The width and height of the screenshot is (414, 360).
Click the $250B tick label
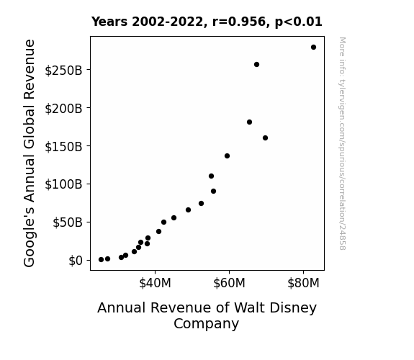[63, 71]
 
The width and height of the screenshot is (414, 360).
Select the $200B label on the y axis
[63, 108]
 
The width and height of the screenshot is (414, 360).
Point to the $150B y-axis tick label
[63, 146]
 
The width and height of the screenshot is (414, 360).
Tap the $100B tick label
[63, 184]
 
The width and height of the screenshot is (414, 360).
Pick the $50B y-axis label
[68, 222]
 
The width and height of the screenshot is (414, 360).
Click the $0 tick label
[76, 261]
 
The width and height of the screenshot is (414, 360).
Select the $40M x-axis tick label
[155, 283]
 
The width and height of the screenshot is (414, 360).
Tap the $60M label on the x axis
[229, 283]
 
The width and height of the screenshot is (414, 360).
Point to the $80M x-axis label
[303, 283]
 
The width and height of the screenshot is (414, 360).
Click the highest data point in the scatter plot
[313, 48]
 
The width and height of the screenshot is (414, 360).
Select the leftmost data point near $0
[101, 260]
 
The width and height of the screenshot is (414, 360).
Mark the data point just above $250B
[256, 65]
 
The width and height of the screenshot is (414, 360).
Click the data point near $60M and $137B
[227, 156]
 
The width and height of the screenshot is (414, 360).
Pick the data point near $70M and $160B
[266, 138]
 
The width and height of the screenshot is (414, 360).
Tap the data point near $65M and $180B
[249, 122]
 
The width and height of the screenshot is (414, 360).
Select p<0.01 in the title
[299, 22]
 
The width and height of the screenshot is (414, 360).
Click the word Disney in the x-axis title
[297, 308]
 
